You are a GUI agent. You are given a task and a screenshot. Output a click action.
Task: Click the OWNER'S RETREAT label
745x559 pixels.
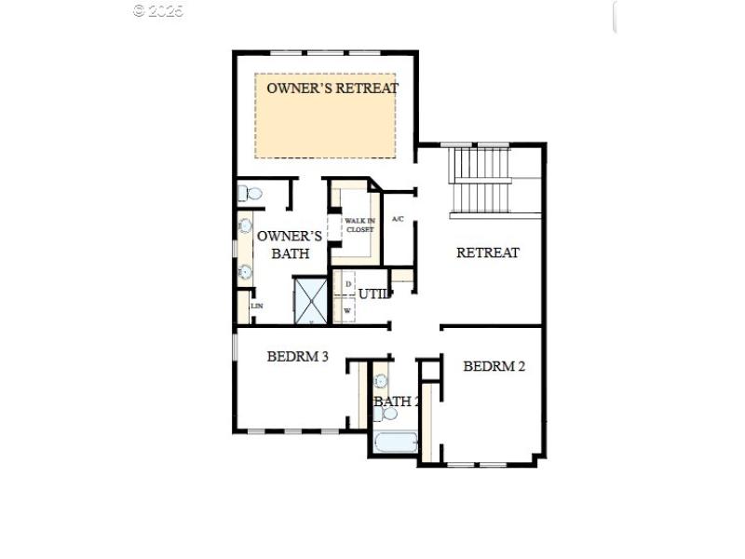(x=332, y=89)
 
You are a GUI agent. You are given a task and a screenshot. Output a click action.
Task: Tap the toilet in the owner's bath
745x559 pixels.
(x=251, y=194)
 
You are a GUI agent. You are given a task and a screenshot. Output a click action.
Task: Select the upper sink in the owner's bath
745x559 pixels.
(x=246, y=225)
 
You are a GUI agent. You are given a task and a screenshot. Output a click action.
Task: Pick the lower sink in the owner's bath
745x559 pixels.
(x=246, y=272)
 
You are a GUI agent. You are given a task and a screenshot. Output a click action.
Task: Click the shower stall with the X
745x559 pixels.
(x=311, y=300)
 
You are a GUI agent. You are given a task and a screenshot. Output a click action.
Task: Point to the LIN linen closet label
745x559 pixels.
(x=256, y=306)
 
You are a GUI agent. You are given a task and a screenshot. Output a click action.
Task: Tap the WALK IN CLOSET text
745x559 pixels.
(x=359, y=225)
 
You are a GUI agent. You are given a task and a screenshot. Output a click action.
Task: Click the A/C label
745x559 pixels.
(x=398, y=219)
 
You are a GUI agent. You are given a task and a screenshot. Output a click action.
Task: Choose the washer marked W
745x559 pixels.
(x=347, y=310)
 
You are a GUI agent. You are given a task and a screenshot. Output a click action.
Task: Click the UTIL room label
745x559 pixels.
(x=372, y=294)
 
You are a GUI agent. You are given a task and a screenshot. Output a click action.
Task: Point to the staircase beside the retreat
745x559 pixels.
(x=481, y=181)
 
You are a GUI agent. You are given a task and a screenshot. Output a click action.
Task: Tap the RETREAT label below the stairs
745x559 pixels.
(x=487, y=252)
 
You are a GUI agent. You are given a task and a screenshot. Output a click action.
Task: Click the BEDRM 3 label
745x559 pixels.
(x=297, y=355)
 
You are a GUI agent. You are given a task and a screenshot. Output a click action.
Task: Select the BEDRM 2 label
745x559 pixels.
(x=494, y=366)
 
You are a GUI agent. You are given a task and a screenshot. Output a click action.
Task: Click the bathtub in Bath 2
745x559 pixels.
(x=398, y=441)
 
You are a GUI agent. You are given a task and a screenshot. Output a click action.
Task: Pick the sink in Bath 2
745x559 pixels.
(x=381, y=381)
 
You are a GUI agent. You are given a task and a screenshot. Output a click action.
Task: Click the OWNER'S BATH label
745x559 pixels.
(x=290, y=244)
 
